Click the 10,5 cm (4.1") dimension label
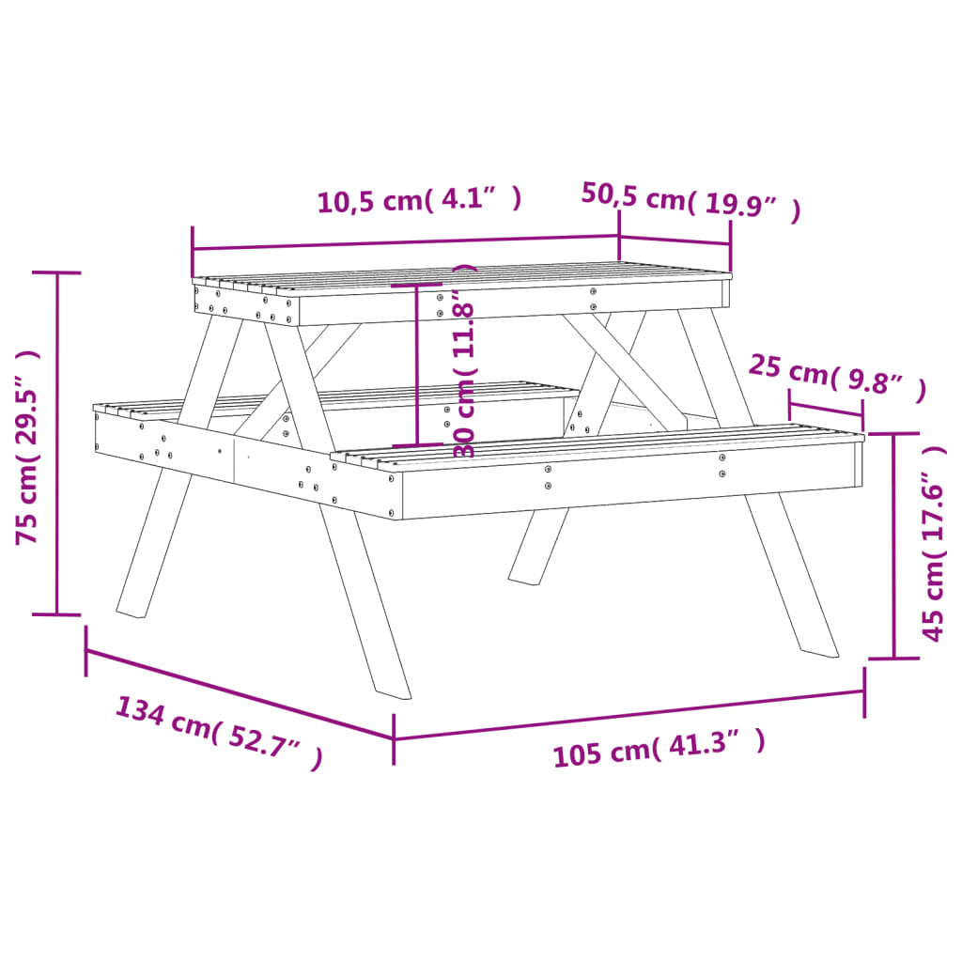(419, 200)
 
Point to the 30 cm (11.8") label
(465, 362)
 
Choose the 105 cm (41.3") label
(658, 748)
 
